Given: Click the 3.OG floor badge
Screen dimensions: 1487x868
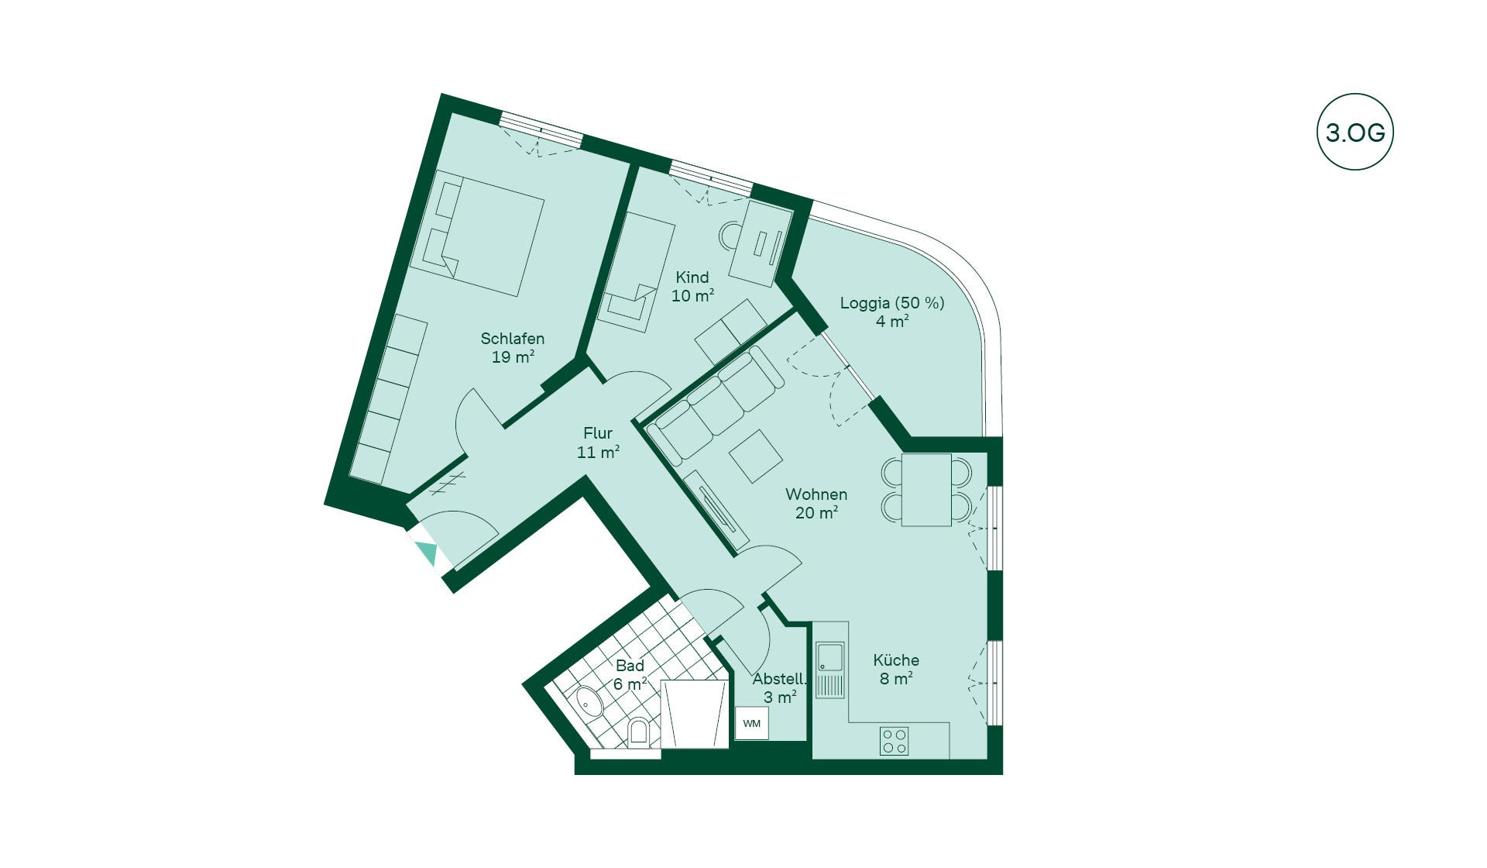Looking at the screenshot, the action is (1355, 133).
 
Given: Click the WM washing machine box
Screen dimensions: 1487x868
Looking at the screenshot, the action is (751, 724).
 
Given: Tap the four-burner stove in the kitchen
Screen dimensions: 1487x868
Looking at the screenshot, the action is (894, 741).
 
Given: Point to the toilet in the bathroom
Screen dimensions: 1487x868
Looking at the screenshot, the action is (638, 732).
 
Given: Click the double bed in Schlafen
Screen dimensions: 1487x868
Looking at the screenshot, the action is (477, 233).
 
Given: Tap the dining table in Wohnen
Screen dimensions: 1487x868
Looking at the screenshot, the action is (926, 490).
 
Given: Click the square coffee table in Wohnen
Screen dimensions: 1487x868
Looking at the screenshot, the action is (755, 456).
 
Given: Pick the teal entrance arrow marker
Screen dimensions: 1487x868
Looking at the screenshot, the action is (426, 553).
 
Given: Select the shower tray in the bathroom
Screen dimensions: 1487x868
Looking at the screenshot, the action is (695, 715).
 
